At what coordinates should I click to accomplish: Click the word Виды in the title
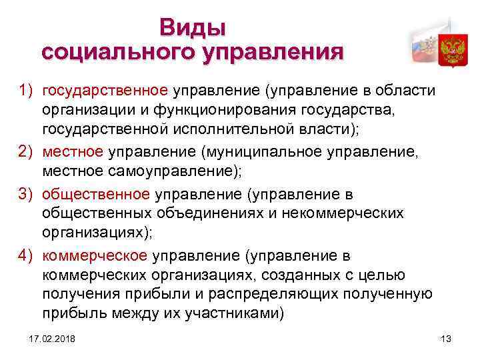193,28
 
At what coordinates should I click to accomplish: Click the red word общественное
96,195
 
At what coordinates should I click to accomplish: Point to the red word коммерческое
95,257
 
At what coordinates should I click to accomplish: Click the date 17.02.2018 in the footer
52,340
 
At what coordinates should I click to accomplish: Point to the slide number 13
446,340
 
